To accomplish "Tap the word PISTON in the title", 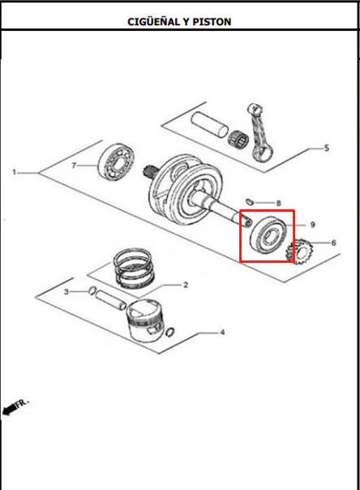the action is [212, 22].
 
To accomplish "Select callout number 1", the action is [14, 172].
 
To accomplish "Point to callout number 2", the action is [186, 285].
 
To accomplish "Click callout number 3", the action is [66, 292].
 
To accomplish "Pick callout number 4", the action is [222, 332].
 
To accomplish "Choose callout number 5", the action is [327, 148].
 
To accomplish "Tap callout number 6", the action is [333, 243].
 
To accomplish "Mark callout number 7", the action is [74, 165].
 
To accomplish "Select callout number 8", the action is [278, 204].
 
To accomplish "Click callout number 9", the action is [312, 225].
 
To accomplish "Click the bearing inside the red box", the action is [268, 234].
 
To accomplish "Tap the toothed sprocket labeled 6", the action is [299, 251].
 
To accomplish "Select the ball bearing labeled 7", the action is [116, 162].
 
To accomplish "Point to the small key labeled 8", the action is [249, 201].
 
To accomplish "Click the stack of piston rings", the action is [134, 268].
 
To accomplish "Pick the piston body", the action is [144, 321].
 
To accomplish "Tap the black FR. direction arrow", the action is [10, 409].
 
